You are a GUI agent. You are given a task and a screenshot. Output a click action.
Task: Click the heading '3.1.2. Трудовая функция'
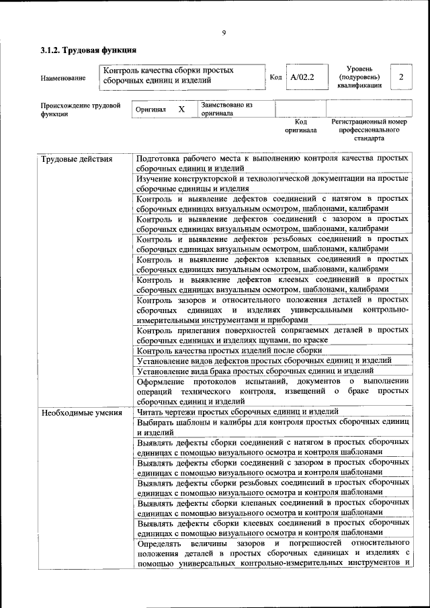pyautogui.click(x=89, y=50)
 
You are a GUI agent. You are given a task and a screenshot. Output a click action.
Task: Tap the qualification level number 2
pyautogui.click(x=401, y=77)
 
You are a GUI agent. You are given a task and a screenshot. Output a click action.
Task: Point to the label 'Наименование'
pyautogui.click(x=63, y=78)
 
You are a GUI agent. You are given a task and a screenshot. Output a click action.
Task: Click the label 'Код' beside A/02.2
pyautogui.click(x=275, y=77)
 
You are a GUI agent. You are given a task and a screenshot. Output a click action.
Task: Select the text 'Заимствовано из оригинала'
pyautogui.click(x=226, y=110)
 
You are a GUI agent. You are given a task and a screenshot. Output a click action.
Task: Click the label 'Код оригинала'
pyautogui.click(x=300, y=126)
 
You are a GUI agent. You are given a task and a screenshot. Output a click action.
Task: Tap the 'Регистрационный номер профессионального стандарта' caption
pyautogui.click(x=369, y=130)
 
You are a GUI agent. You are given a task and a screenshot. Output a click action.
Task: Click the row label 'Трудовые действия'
pyautogui.click(x=77, y=159)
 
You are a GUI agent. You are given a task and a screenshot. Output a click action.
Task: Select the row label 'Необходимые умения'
pyautogui.click(x=81, y=412)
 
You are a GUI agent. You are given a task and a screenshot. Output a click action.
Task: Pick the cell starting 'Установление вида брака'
pyautogui.click(x=255, y=370)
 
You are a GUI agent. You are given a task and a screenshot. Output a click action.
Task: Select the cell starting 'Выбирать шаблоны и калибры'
pyautogui.click(x=272, y=427)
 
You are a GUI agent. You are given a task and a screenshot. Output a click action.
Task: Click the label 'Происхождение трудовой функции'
pyautogui.click(x=80, y=110)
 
